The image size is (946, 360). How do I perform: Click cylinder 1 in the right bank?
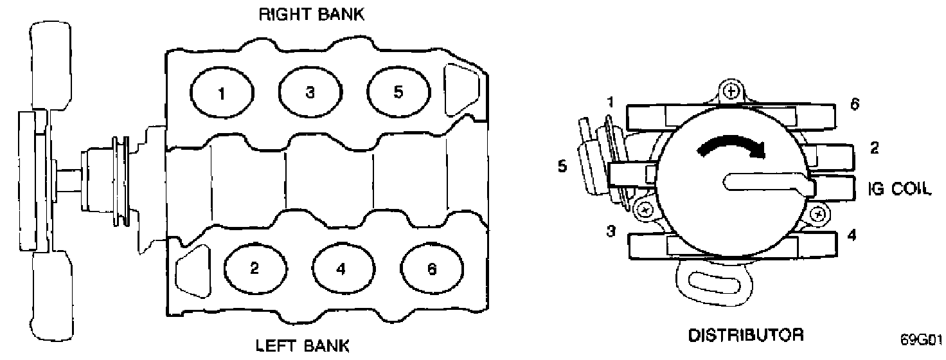click(221, 94)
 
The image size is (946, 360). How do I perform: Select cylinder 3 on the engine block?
click(310, 93)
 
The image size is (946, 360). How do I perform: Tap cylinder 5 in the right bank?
click(398, 92)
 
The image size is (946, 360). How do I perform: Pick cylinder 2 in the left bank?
click(254, 269)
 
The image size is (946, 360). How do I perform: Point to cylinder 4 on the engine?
click(341, 270)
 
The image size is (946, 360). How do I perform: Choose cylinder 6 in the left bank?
click(431, 269)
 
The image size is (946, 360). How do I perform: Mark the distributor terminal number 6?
click(854, 105)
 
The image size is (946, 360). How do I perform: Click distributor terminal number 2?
click(874, 148)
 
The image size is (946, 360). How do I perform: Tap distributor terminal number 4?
click(852, 235)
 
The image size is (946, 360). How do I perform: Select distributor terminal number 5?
click(563, 166)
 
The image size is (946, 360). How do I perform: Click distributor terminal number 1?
click(610, 102)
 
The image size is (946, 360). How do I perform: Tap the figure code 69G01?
click(924, 338)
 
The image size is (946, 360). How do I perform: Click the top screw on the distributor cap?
click(729, 91)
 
